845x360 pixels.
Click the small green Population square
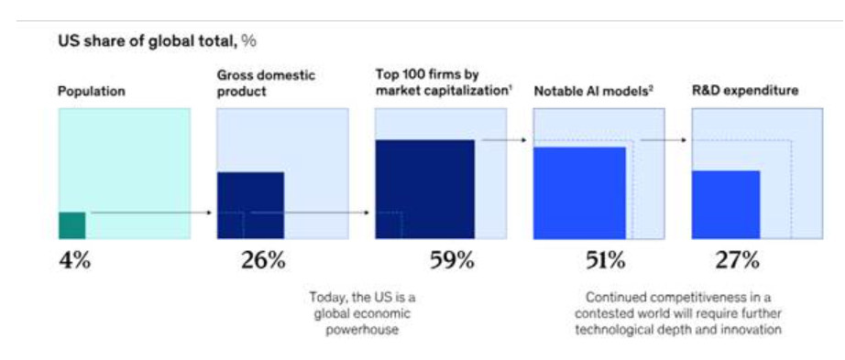[x=72, y=226]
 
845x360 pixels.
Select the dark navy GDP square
[x=250, y=205]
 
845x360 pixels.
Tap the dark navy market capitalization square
[x=425, y=190]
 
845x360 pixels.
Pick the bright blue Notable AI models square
[x=580, y=193]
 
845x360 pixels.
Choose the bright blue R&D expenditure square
[x=726, y=205]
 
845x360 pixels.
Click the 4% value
[x=75, y=261]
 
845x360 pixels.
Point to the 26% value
[x=262, y=261]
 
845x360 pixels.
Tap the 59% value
[x=452, y=261]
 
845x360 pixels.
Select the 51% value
[x=605, y=261]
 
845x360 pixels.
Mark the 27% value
[x=737, y=261]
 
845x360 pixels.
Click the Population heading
[x=92, y=92]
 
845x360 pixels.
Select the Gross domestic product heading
[x=266, y=83]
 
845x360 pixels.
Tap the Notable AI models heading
[x=593, y=91]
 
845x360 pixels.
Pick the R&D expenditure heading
[x=745, y=91]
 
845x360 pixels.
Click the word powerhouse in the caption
[x=362, y=330]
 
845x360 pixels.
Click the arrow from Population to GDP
[x=152, y=213]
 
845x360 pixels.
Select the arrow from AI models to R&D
[x=664, y=140]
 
